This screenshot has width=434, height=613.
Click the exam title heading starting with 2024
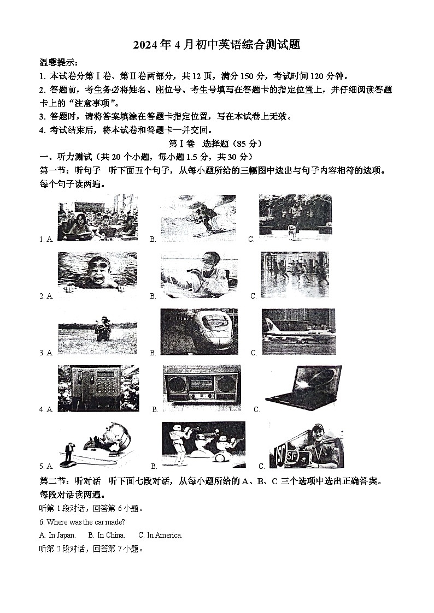coord(217,45)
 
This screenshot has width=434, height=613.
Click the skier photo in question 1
coord(198,218)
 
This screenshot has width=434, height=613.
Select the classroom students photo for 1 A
coord(97,221)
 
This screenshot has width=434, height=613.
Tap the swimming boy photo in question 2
coord(97,271)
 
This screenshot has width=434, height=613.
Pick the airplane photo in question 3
coord(298,332)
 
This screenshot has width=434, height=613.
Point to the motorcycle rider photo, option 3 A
coord(97,331)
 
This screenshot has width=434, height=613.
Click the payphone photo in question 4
coord(98,389)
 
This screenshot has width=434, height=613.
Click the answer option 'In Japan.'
coord(57,535)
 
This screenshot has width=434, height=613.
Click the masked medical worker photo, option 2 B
coord(199,275)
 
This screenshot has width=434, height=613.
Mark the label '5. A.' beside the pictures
coord(46,467)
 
